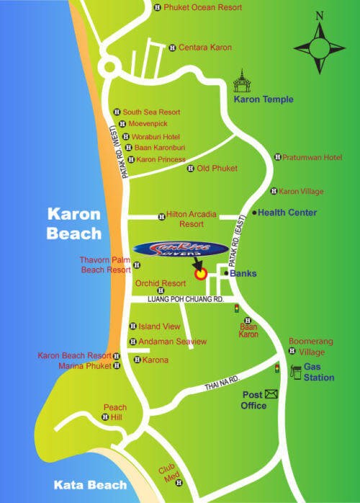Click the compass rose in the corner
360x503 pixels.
320,44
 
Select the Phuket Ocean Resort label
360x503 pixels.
203,8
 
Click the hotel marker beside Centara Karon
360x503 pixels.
172,48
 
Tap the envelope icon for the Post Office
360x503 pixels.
271,393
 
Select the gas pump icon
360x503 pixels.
295,372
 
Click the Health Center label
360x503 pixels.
287,213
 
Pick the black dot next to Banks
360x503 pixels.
225,274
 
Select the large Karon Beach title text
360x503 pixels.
74,223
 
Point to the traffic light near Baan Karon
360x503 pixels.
236,309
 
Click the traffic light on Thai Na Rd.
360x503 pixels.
276,368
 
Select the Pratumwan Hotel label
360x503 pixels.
312,157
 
